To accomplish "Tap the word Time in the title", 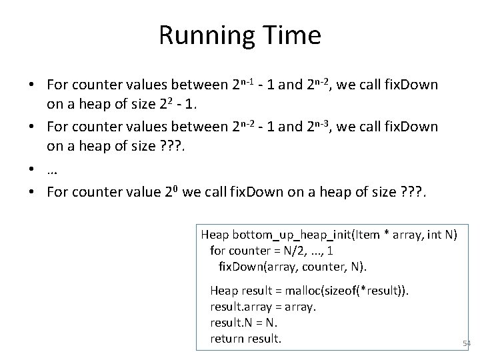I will tap(293, 35).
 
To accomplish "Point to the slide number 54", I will tap(466, 344).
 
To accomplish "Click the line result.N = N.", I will tap(243, 323).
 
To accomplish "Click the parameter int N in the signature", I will tap(444, 234).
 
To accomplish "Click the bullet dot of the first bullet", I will tap(31, 87).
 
